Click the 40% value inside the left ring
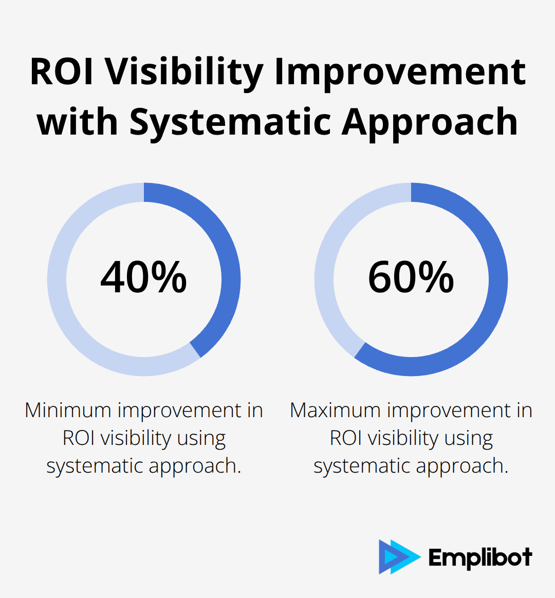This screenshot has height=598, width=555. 143,277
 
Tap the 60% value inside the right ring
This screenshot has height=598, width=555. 411,277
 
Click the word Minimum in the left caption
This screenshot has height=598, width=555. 67,410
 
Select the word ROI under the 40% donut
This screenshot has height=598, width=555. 78,438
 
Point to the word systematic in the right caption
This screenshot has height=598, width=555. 362,466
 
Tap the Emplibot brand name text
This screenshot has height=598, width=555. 480,558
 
